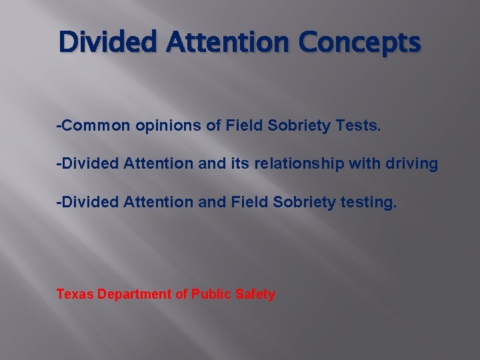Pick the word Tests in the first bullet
[x=359, y=127]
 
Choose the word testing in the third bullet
[x=371, y=201]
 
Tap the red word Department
[x=135, y=294]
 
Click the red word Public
[x=211, y=294]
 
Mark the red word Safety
[x=255, y=294]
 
